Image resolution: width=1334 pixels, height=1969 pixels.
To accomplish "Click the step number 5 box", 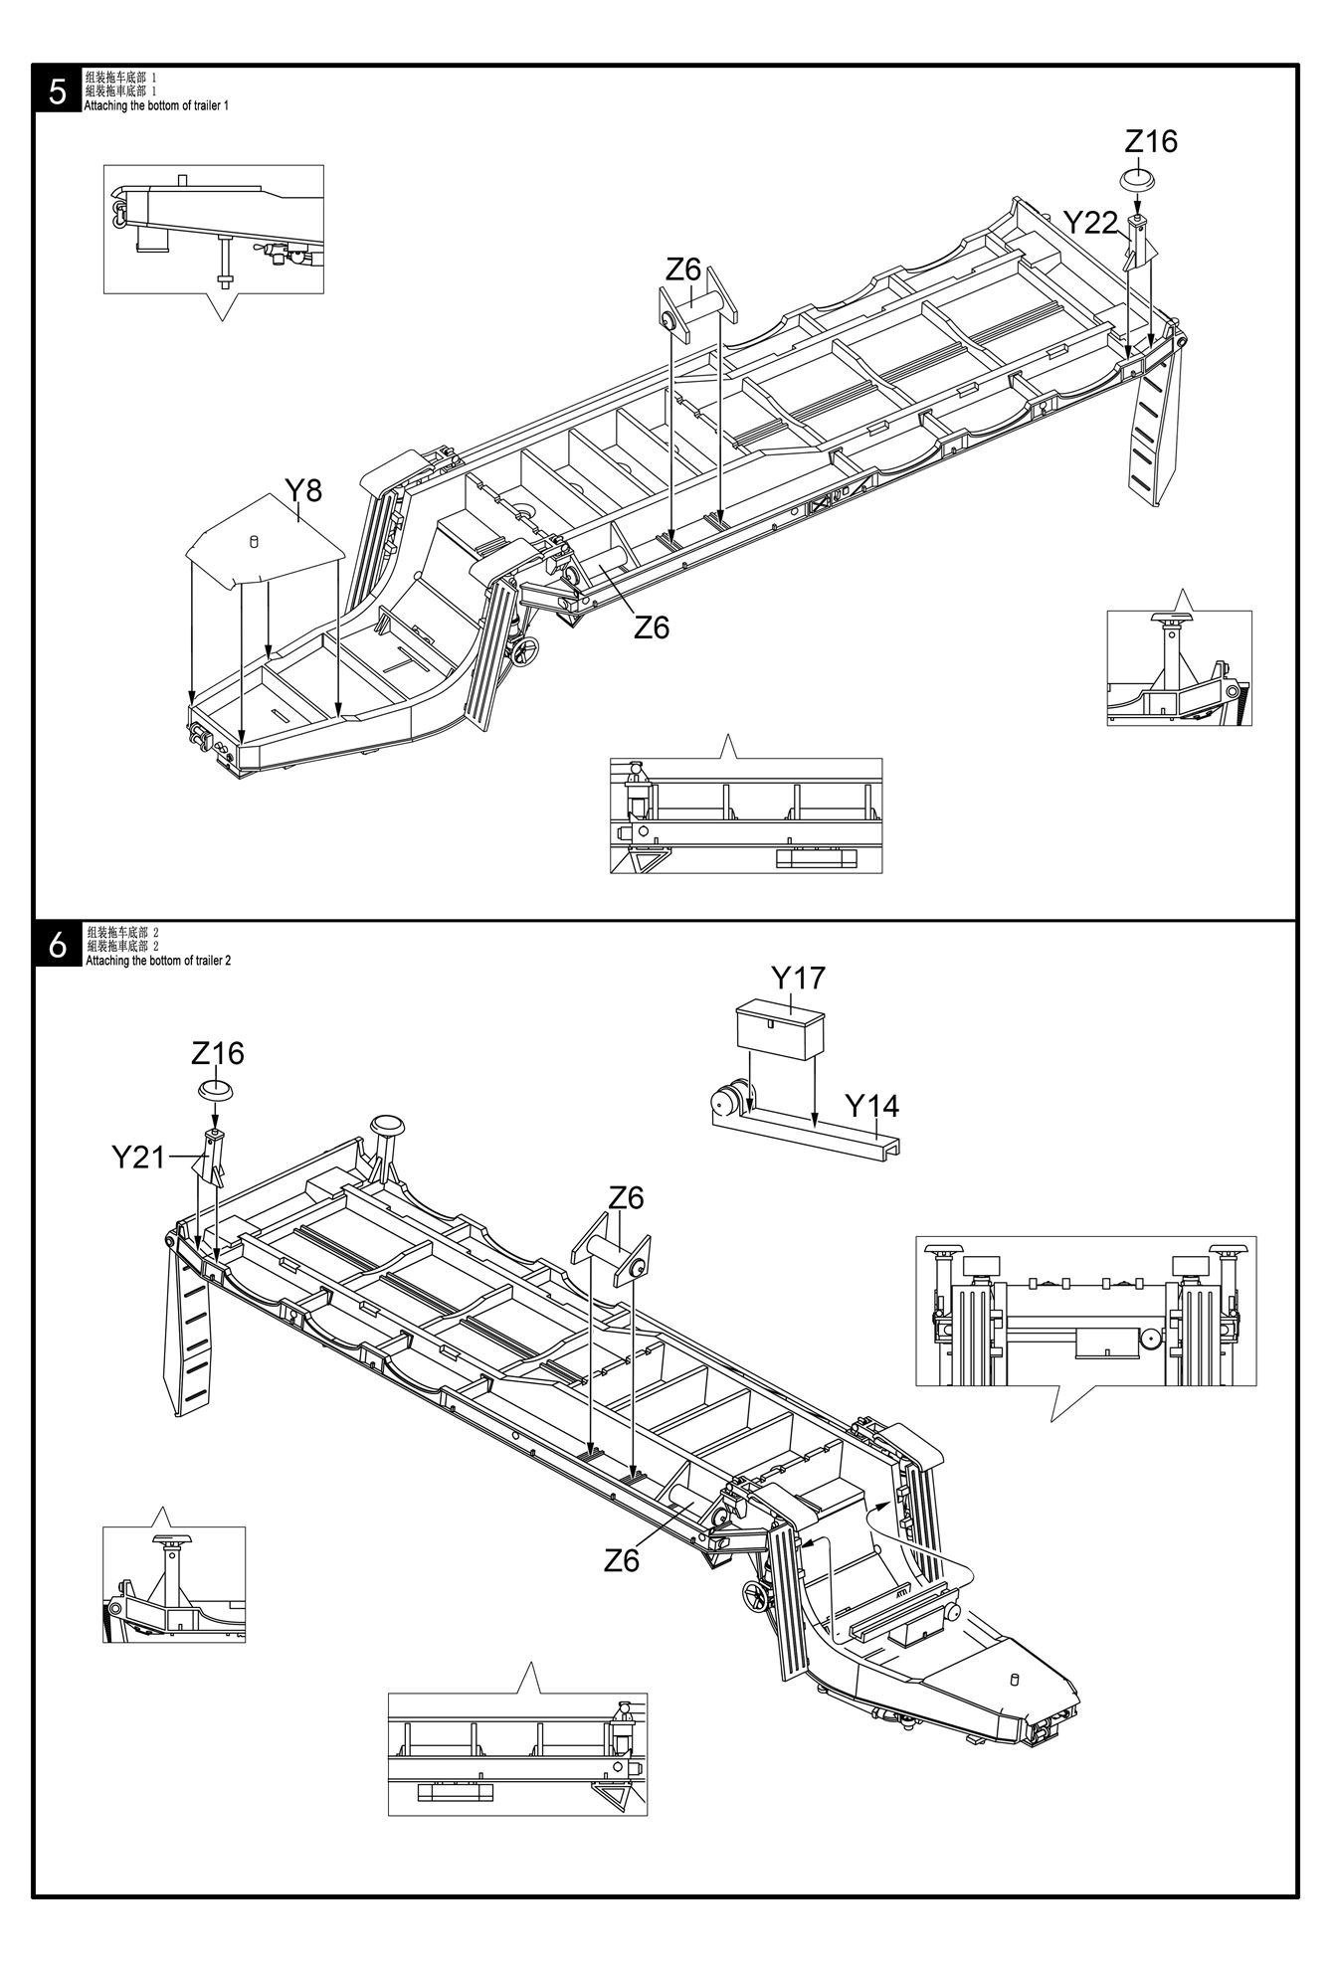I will tap(58, 90).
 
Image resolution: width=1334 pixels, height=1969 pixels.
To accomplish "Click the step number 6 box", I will tap(58, 945).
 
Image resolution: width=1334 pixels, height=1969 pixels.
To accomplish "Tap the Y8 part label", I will tap(303, 490).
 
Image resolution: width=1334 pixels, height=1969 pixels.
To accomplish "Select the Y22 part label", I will tap(1091, 223).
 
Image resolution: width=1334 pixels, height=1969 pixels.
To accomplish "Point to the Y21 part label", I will tap(138, 1157).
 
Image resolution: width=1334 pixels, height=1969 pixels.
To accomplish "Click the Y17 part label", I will tap(799, 979).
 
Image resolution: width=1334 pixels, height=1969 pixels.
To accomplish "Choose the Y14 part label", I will tap(871, 1106).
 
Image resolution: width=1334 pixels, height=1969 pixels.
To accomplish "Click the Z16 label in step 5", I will tap(1151, 142).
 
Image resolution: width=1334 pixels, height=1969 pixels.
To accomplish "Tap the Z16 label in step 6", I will tap(218, 1053).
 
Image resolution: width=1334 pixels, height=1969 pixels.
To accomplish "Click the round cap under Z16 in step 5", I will tap(1138, 181).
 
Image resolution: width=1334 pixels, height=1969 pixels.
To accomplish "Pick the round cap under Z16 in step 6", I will tap(216, 1090).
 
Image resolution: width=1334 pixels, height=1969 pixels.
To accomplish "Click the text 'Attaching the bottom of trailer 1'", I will tap(156, 105).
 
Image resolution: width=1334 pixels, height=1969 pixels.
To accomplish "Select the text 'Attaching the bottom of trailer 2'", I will tap(158, 961).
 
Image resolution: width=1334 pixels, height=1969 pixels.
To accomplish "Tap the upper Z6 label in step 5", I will tap(683, 268).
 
